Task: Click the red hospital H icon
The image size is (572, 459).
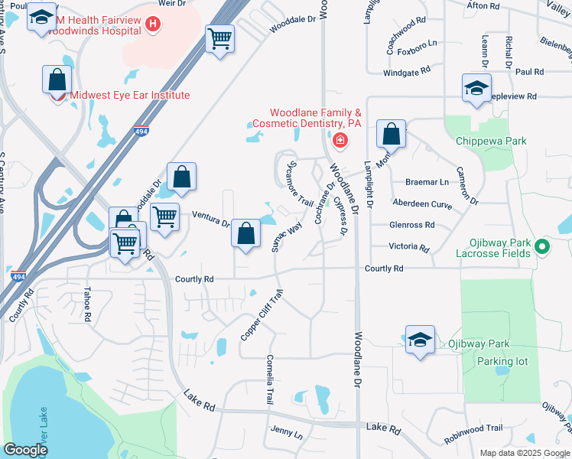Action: [154, 24]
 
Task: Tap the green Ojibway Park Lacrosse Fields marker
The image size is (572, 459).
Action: [542, 246]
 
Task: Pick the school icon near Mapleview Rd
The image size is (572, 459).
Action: [476, 88]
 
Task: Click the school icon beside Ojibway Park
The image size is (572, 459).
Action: [420, 340]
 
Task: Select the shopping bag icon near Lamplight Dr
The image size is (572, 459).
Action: [391, 135]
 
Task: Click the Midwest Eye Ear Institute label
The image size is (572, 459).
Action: [129, 96]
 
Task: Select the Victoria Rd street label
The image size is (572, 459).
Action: [408, 247]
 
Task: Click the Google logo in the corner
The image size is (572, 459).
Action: [25, 450]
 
